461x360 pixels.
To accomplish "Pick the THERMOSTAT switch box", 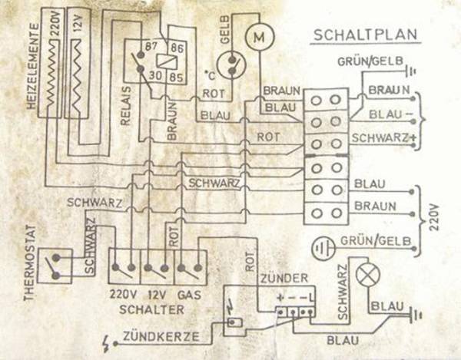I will (x=55, y=266).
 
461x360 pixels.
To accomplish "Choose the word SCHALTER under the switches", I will (x=152, y=309).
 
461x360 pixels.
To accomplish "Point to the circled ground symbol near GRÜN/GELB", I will (x=321, y=248).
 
